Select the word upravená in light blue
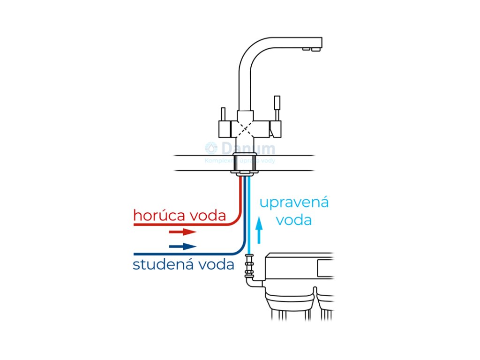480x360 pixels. tap(294, 203)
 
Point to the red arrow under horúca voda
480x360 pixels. tap(182, 232)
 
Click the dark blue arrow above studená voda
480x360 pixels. tap(182, 247)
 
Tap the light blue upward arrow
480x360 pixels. tap(258, 232)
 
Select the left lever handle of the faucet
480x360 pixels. tap(223, 115)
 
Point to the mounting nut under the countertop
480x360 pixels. tap(245, 171)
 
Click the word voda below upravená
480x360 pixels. tap(294, 219)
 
